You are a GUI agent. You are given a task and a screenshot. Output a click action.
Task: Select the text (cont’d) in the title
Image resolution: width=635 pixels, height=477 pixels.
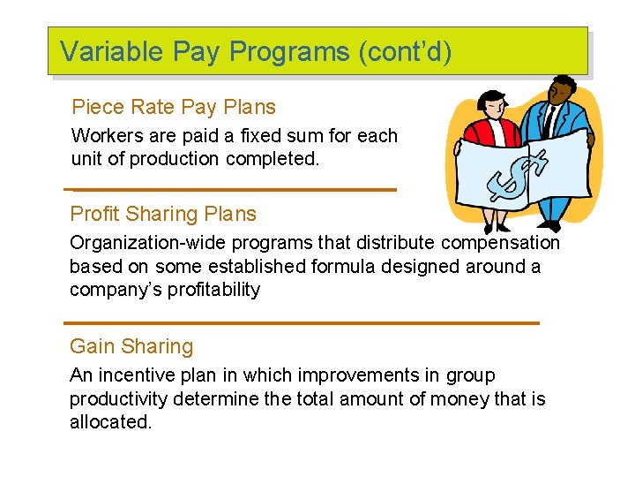[405, 51]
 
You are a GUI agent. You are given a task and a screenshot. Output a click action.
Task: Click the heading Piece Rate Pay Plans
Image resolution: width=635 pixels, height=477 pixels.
[174, 108]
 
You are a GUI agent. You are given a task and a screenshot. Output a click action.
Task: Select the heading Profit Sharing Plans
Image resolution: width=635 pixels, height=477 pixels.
[163, 214]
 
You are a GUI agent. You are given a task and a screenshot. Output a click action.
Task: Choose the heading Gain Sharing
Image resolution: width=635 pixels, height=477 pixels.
[131, 346]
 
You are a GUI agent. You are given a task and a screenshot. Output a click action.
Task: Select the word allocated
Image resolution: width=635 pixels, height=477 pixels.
[110, 422]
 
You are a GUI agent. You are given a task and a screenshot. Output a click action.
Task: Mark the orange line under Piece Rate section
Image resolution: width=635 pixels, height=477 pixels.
[232, 189]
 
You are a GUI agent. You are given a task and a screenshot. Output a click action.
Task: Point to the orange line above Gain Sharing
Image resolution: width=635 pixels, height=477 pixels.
[303, 323]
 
